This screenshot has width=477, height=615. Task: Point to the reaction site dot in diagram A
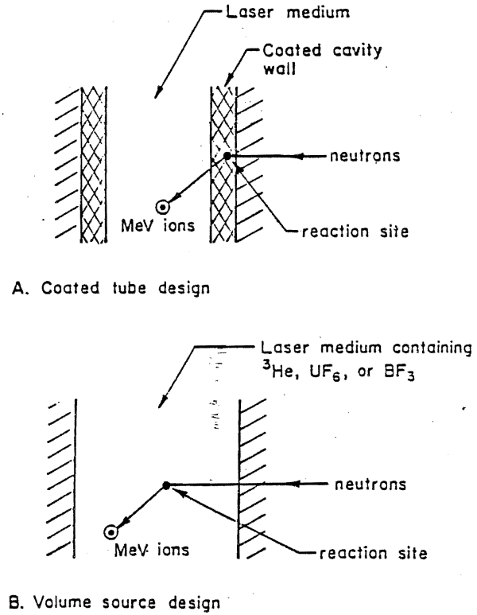click(x=228, y=156)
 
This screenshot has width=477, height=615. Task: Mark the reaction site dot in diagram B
click(x=166, y=485)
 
